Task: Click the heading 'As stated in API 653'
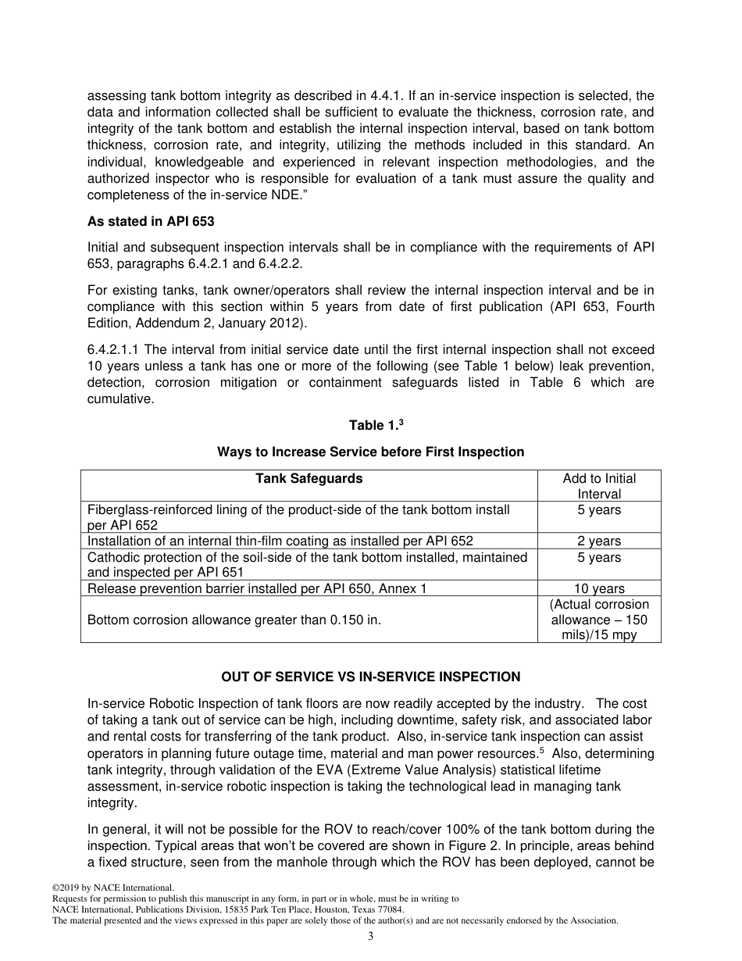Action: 151,221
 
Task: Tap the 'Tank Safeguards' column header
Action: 309,479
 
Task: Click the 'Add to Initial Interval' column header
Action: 599,486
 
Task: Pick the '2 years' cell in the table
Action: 599,541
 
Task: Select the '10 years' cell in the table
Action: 599,589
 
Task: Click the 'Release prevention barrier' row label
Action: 257,589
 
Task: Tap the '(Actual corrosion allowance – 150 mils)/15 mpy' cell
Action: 599,620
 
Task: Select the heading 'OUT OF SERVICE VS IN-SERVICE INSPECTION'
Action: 370,677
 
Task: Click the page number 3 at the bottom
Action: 371,937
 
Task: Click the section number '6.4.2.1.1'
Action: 115,349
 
